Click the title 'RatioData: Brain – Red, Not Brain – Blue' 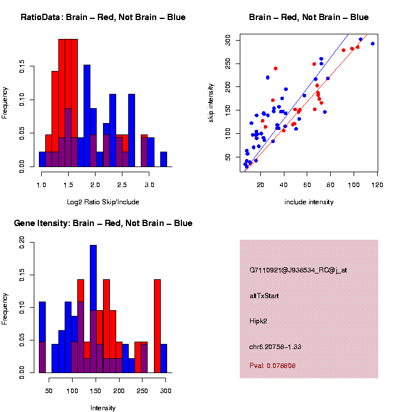pyautogui.click(x=103, y=17)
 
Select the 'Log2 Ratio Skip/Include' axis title pyautogui.click(x=103, y=202)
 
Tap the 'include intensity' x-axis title pyautogui.click(x=308, y=202)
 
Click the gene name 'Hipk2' pyautogui.click(x=259, y=321)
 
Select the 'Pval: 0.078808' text pyautogui.click(x=272, y=365)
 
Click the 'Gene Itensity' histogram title pyautogui.click(x=103, y=223)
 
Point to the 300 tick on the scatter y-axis pyautogui.click(x=228, y=39)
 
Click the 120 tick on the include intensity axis pyautogui.click(x=378, y=184)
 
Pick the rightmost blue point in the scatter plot pyautogui.click(x=373, y=43)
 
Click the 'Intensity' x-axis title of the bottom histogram pyautogui.click(x=103, y=408)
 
